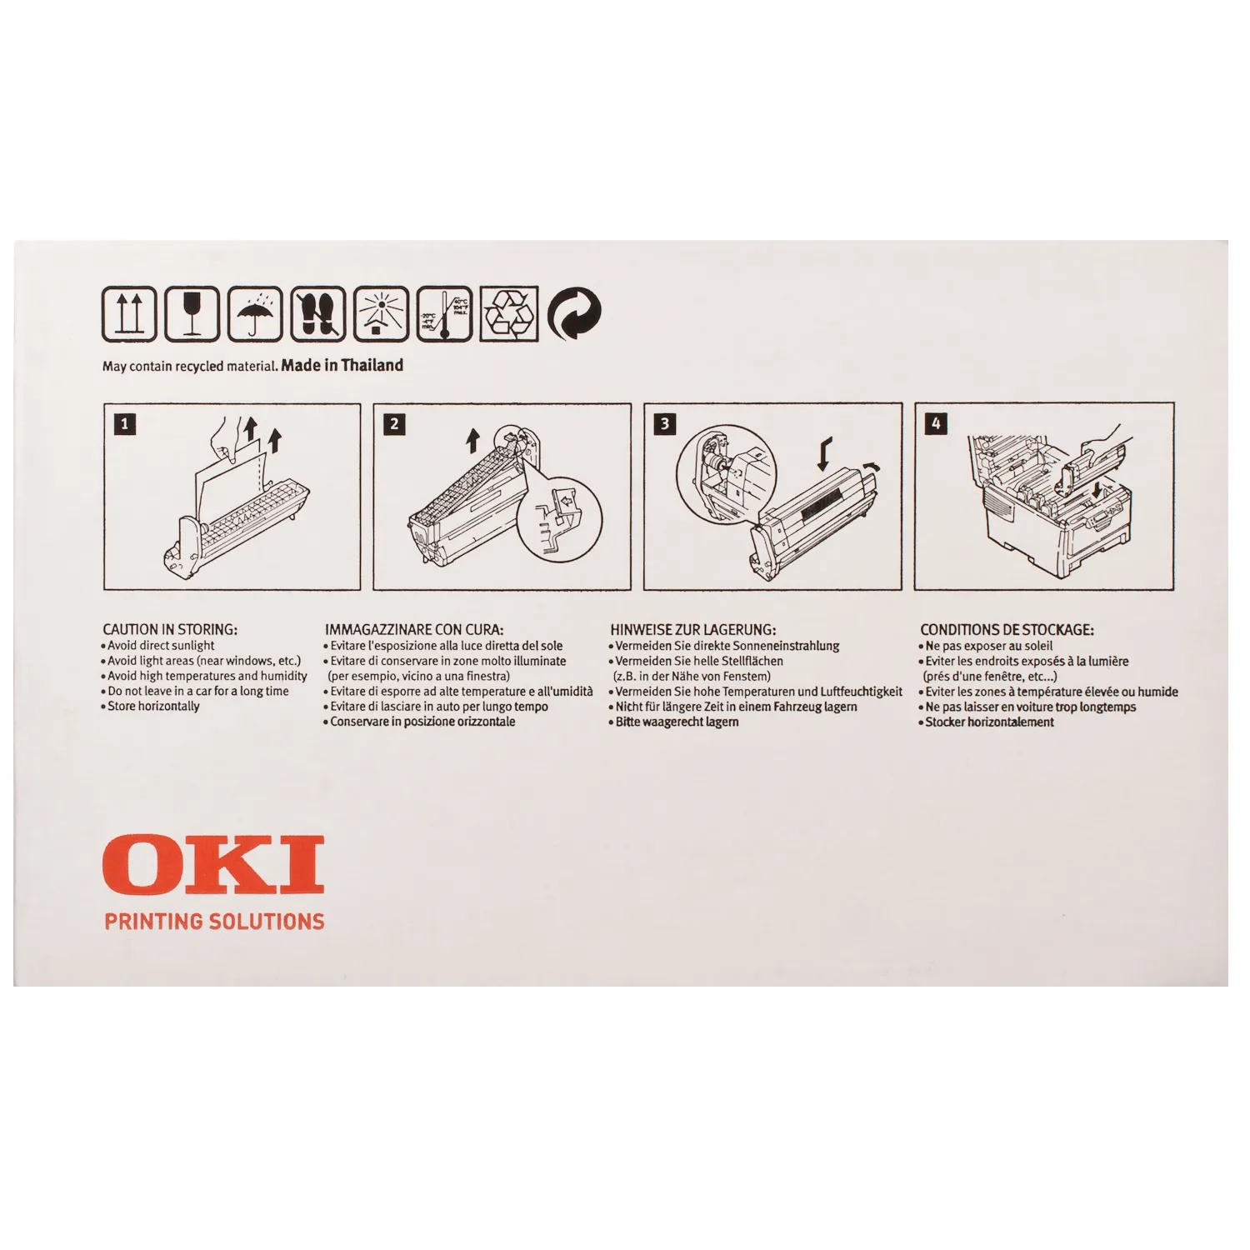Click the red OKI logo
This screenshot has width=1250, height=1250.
213,864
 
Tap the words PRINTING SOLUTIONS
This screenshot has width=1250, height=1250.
214,922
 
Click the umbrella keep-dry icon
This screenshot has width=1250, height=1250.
255,313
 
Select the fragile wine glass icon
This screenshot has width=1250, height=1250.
192,313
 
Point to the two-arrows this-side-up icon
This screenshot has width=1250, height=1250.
128,313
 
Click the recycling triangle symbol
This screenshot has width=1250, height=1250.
510,313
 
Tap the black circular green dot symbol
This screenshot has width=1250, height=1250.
575,313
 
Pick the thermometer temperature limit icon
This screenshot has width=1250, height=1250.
445,313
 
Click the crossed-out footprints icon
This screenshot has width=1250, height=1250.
318,313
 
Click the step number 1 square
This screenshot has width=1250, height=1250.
125,424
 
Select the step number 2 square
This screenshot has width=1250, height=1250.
394,424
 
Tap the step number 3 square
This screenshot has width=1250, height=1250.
664,424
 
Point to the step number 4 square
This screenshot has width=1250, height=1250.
935,424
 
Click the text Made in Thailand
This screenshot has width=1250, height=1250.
342,365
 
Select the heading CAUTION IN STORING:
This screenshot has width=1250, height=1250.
170,630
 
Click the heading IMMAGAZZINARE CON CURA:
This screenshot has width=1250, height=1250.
414,630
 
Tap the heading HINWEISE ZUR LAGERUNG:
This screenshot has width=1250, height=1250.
692,630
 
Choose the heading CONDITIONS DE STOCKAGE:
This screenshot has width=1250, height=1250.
1007,630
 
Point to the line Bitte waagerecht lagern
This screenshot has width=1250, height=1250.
674,722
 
